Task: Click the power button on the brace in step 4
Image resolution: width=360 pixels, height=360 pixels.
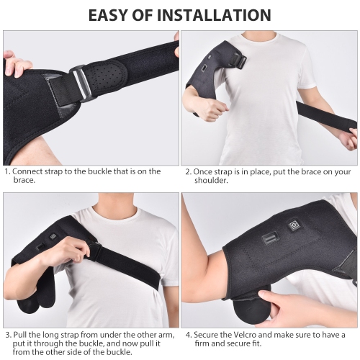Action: coord(294,225)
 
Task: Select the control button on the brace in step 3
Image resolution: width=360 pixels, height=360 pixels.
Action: coord(53,235)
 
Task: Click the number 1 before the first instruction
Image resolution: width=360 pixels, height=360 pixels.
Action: coord(6,172)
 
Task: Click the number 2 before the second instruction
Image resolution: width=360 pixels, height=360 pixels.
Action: coord(188,172)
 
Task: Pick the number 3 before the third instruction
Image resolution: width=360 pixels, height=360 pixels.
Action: coord(6,334)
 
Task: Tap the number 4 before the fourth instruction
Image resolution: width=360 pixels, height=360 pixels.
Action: coord(188,334)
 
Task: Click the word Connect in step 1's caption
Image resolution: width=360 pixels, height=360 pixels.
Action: coord(29,172)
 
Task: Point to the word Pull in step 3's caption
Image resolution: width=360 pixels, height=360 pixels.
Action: coord(20,334)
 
